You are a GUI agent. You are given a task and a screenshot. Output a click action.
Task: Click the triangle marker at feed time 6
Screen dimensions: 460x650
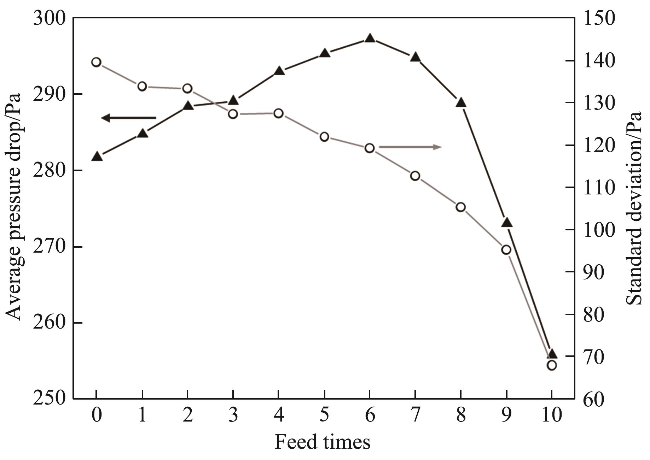[370, 39]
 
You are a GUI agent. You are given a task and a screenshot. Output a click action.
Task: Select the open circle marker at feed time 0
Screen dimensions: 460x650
[96, 63]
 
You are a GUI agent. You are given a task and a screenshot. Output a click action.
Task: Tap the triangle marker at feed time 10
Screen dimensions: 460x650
[552, 355]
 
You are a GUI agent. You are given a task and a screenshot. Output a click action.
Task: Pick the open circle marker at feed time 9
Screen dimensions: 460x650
[506, 250]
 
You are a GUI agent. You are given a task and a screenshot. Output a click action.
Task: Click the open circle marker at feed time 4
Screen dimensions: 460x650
[279, 113]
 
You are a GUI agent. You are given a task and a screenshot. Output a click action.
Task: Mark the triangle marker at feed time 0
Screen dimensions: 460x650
[97, 157]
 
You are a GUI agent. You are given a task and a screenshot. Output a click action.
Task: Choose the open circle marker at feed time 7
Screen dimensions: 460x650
[415, 176]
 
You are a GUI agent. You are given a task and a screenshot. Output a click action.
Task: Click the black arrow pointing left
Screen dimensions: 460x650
[128, 118]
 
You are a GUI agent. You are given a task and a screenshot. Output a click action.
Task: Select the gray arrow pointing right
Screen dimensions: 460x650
[410, 147]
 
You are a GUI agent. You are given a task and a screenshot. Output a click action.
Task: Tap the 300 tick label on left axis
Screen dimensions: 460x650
[49, 18]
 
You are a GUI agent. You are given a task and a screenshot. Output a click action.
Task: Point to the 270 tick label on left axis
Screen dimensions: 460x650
[49, 247]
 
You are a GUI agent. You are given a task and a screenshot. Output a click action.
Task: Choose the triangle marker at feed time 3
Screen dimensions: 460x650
[233, 100]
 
